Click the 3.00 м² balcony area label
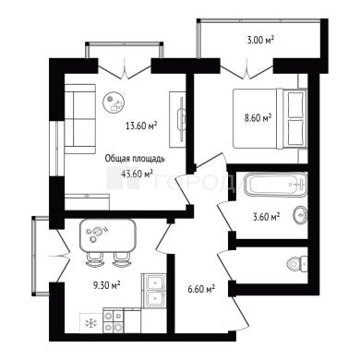[x=260, y=40]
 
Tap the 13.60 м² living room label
[x=141, y=126]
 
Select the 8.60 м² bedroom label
[x=258, y=117]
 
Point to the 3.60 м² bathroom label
[x=266, y=217]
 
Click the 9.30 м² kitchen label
[x=106, y=285]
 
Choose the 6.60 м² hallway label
[x=201, y=289]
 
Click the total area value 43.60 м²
[x=138, y=174]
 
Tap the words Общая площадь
[x=135, y=159]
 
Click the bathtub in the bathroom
[x=275, y=184]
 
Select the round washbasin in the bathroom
[x=300, y=214]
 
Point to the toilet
[x=297, y=263]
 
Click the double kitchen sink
[x=154, y=290]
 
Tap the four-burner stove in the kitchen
[x=113, y=320]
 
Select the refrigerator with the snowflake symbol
[x=91, y=322]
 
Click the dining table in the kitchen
[x=108, y=234]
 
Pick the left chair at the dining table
[x=94, y=259]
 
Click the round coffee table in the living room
[x=114, y=102]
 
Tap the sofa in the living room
[x=79, y=119]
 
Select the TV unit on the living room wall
[x=177, y=119]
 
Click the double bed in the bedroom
[x=270, y=118]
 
